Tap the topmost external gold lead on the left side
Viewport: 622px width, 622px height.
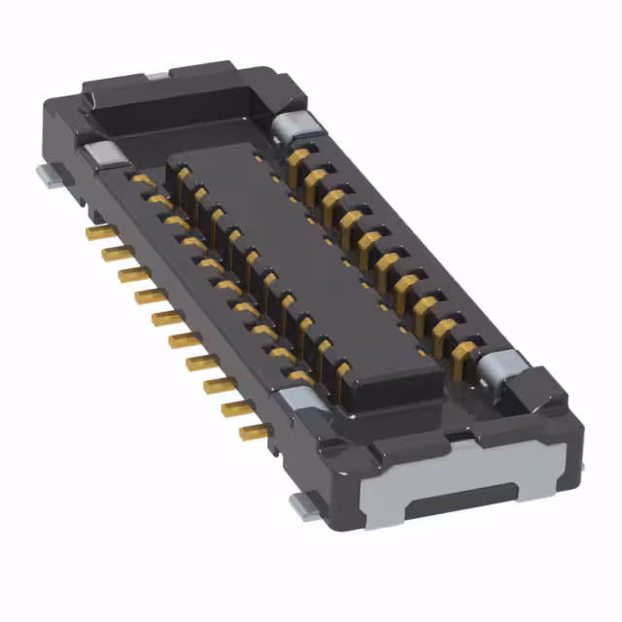[94, 234]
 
